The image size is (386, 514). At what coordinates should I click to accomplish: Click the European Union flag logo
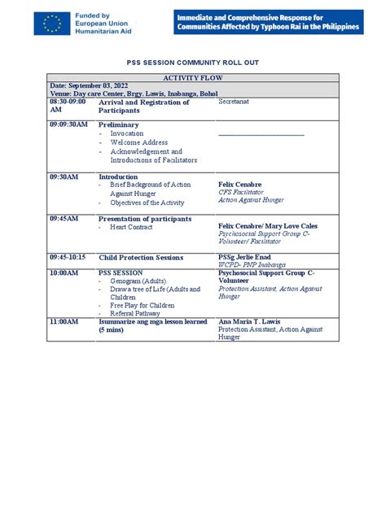pyautogui.click(x=52, y=24)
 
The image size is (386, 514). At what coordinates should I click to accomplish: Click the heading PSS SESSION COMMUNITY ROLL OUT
pyautogui.click(x=193, y=61)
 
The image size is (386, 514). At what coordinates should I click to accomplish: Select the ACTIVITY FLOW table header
pyautogui.click(x=193, y=78)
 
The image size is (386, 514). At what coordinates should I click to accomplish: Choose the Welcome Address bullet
pyautogui.click(x=139, y=142)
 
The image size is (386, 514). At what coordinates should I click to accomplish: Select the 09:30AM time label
pyautogui.click(x=64, y=176)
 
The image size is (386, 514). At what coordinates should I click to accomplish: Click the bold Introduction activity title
pyautogui.click(x=119, y=176)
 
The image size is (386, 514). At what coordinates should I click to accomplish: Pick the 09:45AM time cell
pyautogui.click(x=64, y=219)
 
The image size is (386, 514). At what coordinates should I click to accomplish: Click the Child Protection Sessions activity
pyautogui.click(x=142, y=257)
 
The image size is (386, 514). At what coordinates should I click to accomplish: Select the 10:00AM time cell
pyautogui.click(x=64, y=273)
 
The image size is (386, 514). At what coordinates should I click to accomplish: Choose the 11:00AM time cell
pyautogui.click(x=64, y=322)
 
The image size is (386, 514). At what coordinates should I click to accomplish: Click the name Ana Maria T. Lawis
pyautogui.click(x=255, y=322)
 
